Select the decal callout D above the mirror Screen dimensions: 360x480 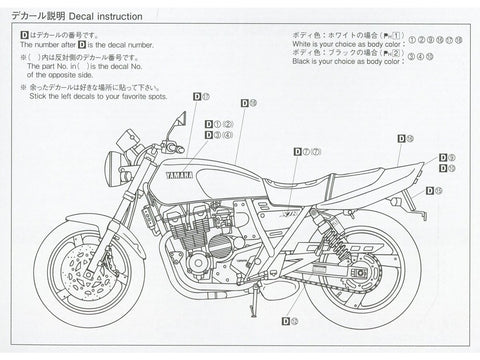point(195,96)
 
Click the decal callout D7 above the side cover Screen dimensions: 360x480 point(306,151)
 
